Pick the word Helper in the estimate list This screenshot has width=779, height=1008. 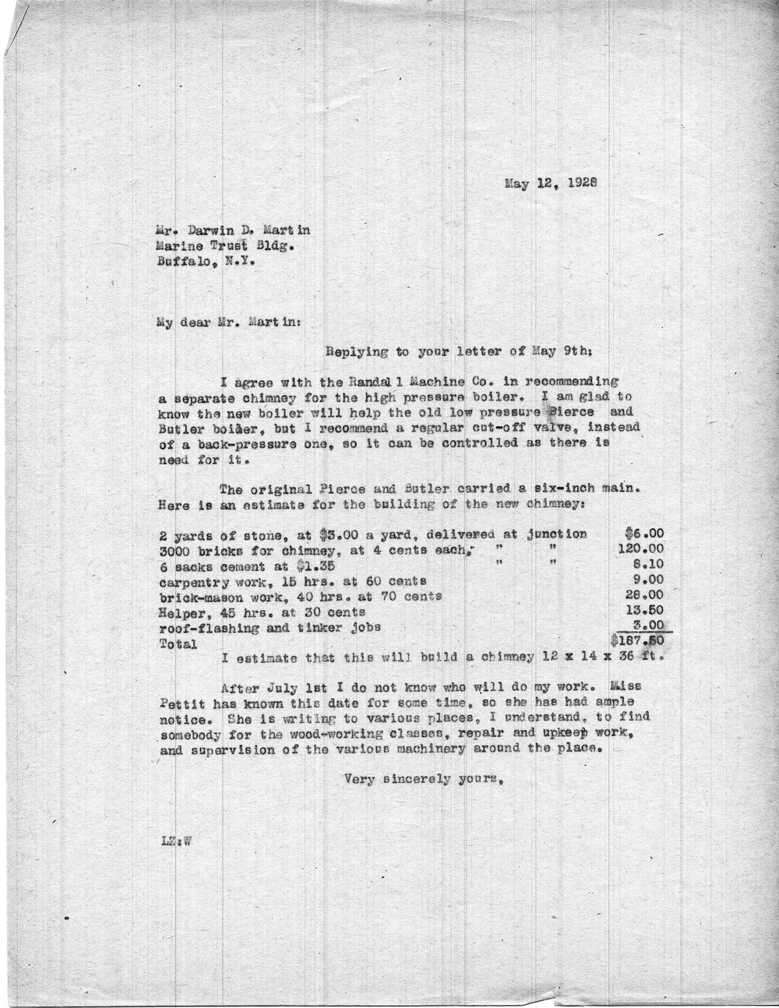click(181, 612)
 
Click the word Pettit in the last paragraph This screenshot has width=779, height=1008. click(180, 704)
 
